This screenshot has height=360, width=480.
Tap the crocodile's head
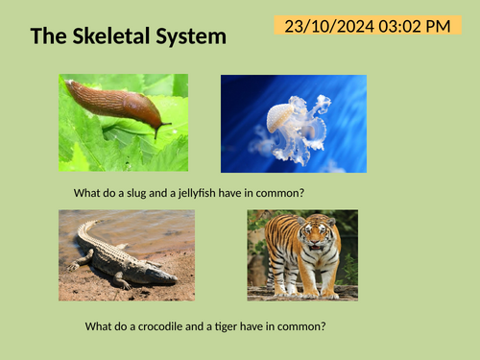[162, 275]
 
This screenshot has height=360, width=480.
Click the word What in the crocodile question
[99, 326]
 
